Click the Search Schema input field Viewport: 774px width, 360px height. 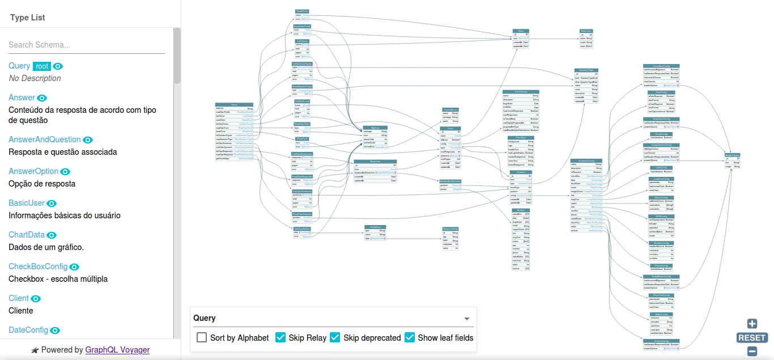pos(86,45)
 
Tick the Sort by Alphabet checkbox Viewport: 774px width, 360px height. pos(202,337)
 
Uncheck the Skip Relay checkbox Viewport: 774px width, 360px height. pos(280,337)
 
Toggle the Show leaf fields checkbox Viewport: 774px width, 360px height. pos(410,337)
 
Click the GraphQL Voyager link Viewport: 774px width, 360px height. pos(117,350)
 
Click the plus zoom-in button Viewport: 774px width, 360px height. pos(752,324)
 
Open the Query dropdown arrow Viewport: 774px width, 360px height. pos(467,319)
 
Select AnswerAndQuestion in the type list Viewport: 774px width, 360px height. pos(44,139)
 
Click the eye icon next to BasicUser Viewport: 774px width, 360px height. pos(52,204)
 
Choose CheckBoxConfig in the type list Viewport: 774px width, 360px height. pos(38,266)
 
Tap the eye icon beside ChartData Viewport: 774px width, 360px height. pos(52,235)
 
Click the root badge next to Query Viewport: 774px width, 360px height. pos(41,66)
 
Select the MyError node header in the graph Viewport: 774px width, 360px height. pos(375,128)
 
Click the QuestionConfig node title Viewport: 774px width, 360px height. pos(586,161)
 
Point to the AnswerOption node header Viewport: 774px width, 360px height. pos(733,155)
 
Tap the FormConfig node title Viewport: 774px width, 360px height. pos(521,92)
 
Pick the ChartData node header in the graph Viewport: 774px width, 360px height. pos(375,227)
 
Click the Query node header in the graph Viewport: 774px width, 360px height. pos(234,105)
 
